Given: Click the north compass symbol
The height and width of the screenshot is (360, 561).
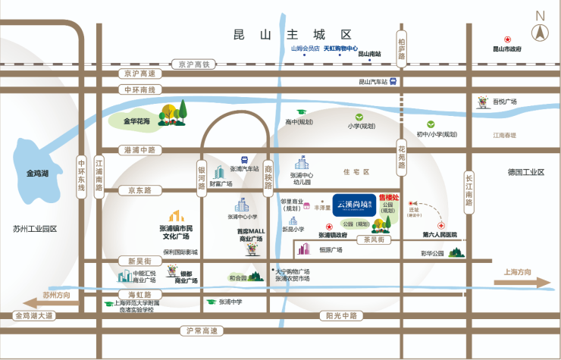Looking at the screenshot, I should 540,30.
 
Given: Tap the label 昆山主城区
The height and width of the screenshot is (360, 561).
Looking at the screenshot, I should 293,35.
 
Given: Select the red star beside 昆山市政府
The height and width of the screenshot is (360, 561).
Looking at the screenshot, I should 509,39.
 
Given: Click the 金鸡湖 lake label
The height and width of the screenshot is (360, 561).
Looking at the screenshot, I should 37,174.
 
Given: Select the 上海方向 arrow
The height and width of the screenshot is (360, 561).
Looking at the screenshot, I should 522,281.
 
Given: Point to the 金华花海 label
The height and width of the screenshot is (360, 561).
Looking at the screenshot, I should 137,121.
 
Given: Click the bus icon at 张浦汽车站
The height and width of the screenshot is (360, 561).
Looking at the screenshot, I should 244,159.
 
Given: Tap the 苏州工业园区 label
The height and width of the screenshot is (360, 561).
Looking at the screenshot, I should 35,228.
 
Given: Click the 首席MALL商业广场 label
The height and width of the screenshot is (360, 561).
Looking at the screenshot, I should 251,234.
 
